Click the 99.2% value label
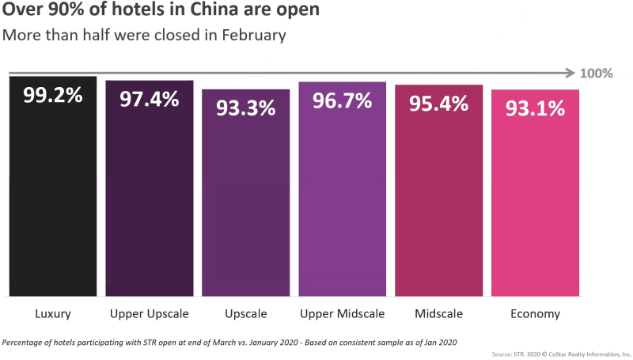click(x=53, y=96)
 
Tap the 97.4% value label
click(x=150, y=100)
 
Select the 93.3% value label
click(x=246, y=108)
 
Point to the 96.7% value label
click(x=343, y=102)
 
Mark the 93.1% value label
click(x=536, y=108)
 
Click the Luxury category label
click(x=53, y=314)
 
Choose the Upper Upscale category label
click(x=150, y=314)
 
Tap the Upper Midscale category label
click(x=343, y=314)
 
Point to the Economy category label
click(x=536, y=314)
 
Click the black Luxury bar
click(x=53, y=206)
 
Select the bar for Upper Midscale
click(x=343, y=206)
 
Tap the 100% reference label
click(x=597, y=74)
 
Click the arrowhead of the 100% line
click(x=571, y=74)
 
